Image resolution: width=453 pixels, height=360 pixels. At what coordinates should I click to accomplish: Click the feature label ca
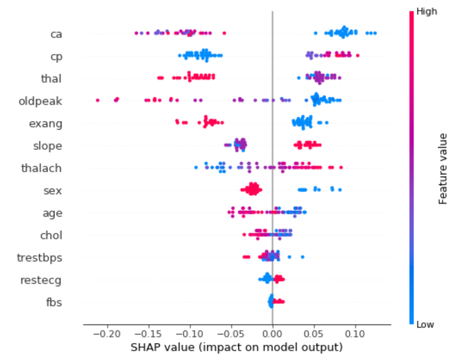coord(56,34)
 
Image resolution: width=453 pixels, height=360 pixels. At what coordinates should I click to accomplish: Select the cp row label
coord(56,56)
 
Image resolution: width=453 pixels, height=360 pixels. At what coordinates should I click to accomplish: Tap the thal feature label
coord(51,78)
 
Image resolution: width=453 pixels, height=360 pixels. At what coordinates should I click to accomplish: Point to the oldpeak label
coord(40,101)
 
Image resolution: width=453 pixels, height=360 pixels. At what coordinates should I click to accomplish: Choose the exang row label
coord(46,123)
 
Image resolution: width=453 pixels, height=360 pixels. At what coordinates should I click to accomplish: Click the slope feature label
coord(48,146)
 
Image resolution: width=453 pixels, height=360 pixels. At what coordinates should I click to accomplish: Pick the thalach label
coord(41,168)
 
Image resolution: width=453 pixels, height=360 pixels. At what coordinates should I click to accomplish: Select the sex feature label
coord(53,191)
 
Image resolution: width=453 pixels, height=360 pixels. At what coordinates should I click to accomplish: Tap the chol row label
coord(51,235)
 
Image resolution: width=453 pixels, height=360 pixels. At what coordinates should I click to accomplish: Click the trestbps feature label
coord(39,258)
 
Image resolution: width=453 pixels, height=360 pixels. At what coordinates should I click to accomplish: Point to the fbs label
coord(54,302)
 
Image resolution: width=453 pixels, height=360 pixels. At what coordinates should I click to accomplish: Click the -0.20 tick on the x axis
coord(107,334)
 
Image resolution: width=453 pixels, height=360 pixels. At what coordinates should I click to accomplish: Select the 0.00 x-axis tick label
coord(272,334)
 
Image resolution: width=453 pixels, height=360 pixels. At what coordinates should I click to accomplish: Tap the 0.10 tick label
coord(355,334)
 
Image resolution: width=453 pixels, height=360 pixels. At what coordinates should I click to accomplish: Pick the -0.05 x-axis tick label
coord(231,334)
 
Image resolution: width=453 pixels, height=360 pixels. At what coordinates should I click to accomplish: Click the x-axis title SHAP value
coord(237,347)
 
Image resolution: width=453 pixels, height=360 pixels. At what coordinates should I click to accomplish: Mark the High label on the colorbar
coord(426,12)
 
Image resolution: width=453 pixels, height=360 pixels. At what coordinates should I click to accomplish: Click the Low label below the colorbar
coord(425,325)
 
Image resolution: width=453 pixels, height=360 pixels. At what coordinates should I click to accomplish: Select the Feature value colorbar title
coord(443,168)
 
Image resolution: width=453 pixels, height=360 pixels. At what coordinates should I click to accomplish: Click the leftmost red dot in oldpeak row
coord(97,100)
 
